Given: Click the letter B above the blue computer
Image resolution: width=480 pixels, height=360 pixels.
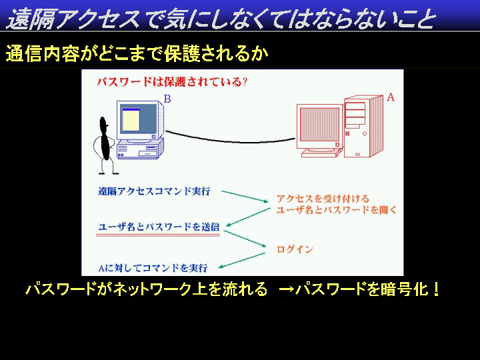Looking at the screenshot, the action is tap(167, 99).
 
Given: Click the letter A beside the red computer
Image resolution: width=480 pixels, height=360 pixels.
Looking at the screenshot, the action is tap(390, 97).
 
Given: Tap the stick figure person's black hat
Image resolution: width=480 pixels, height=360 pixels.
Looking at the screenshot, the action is tap(104, 122).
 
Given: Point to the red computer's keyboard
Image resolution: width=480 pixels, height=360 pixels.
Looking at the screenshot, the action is tap(321, 152).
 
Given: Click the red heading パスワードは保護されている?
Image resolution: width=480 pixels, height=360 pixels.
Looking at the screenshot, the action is tap(172, 82).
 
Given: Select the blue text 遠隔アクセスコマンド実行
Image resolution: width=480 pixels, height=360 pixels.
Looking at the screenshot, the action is tap(154, 191).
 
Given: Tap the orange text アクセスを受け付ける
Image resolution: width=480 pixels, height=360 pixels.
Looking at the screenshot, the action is tap(323, 199).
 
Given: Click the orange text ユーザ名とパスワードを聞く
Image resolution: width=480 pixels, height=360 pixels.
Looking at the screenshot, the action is tap(337, 210).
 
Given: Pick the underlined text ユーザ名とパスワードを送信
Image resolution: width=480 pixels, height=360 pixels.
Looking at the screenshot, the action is tap(159, 227).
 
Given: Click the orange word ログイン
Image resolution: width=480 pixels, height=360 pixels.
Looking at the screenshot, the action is tap(295, 249).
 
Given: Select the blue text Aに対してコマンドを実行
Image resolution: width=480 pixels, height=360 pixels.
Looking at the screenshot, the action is tap(153, 268).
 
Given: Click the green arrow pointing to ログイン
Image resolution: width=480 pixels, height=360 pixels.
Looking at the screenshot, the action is tap(245, 239).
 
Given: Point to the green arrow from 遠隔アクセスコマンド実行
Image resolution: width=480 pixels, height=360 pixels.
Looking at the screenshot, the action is tap(245, 197).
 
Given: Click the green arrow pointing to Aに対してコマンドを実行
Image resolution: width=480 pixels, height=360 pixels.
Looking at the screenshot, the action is tap(241, 261).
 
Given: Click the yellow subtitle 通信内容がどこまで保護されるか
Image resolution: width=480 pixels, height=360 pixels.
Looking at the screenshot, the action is tap(137, 53).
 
